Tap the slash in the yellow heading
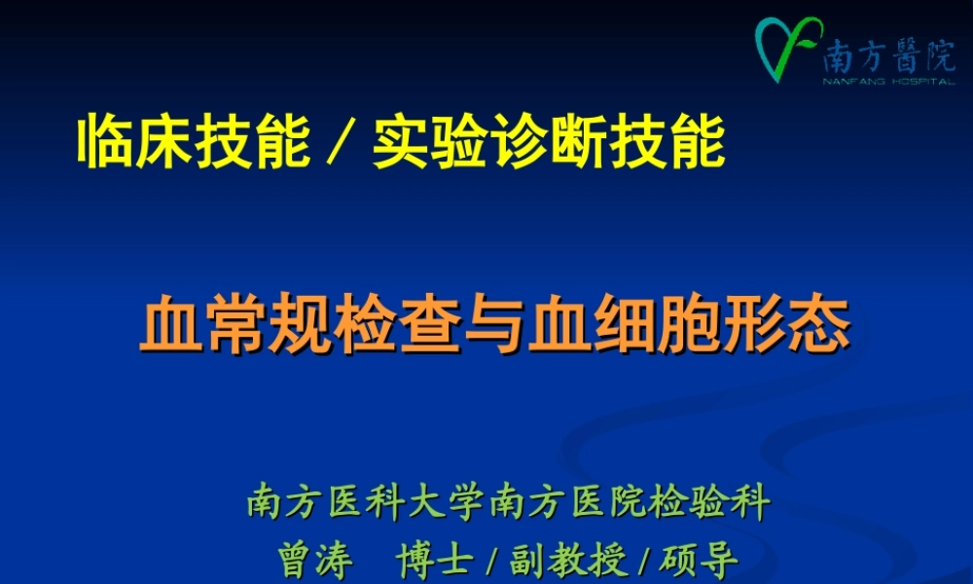341,144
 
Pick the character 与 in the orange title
496,327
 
